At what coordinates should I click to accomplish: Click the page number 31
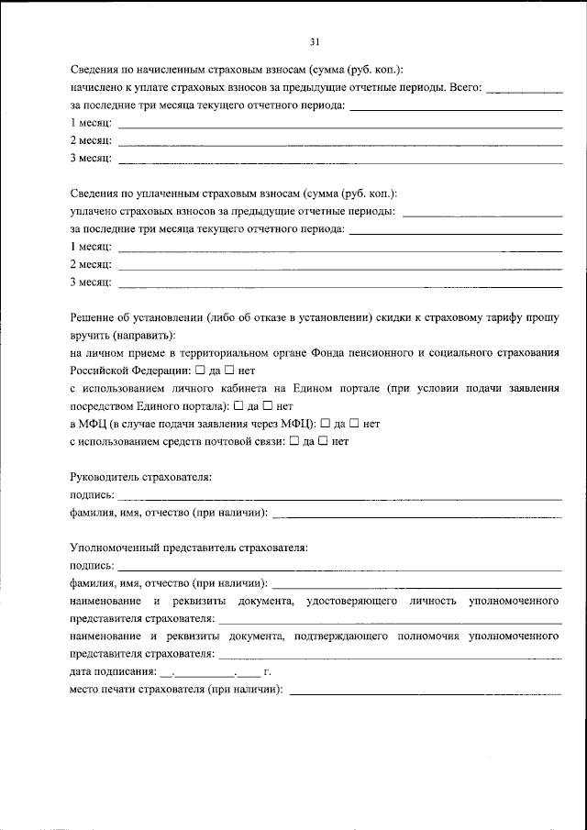tap(315, 42)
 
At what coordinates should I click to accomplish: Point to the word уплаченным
tap(164, 194)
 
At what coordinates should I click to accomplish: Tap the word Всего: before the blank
tap(464, 88)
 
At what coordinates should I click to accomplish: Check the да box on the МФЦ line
tap(325, 424)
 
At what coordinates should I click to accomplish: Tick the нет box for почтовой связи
tap(325, 441)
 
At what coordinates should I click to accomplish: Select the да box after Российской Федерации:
tap(201, 371)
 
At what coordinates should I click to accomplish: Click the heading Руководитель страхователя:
tap(140, 478)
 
